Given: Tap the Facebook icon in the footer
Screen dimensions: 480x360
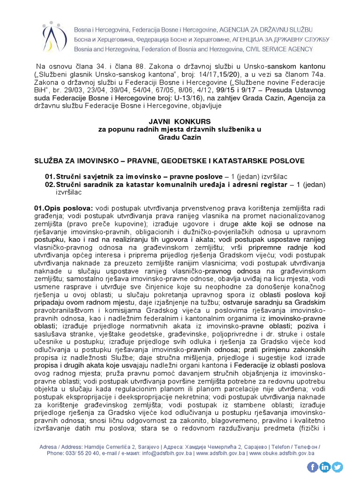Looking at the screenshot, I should tap(313, 466).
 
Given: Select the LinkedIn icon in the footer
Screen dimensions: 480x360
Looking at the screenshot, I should tap(325, 466).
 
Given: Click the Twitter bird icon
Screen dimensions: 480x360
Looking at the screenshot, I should tap(337, 466).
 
